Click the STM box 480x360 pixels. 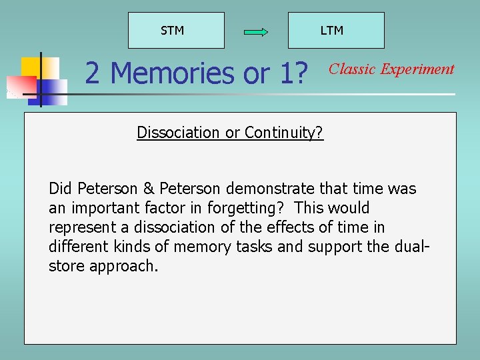pos(176,31)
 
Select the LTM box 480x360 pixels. pos(335,31)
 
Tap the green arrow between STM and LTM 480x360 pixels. pos(256,31)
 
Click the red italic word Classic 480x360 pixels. pos(353,69)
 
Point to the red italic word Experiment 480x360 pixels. pos(417,69)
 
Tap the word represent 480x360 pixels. pos(78,227)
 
